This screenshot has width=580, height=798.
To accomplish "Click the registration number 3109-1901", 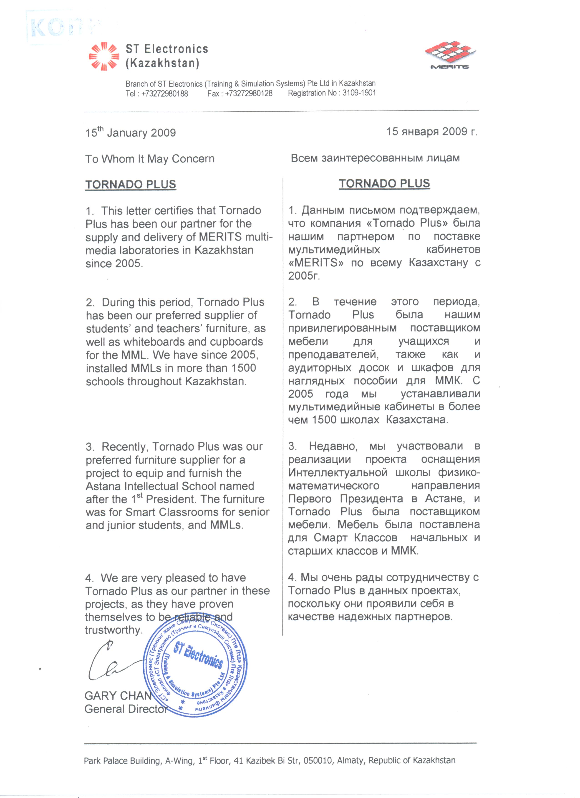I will [x=359, y=93].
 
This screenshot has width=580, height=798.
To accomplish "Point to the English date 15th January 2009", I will [x=131, y=132].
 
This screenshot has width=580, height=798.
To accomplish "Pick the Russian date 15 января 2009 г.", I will [x=431, y=132].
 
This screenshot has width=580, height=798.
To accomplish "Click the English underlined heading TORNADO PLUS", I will [x=131, y=185].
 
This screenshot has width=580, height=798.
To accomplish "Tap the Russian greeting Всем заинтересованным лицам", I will [x=375, y=158].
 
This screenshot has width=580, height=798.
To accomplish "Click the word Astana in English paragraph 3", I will [x=103, y=486].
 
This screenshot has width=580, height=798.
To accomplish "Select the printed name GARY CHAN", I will [x=118, y=696].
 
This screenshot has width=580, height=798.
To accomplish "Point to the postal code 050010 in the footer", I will [x=318, y=761].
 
